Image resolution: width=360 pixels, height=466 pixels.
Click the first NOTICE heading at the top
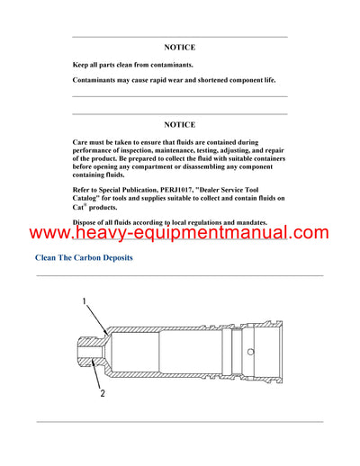(x=180, y=47)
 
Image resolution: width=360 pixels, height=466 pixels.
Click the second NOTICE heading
(x=180, y=124)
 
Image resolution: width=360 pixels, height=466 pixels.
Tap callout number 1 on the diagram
(x=85, y=303)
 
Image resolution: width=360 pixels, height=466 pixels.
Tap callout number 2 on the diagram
(x=102, y=393)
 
